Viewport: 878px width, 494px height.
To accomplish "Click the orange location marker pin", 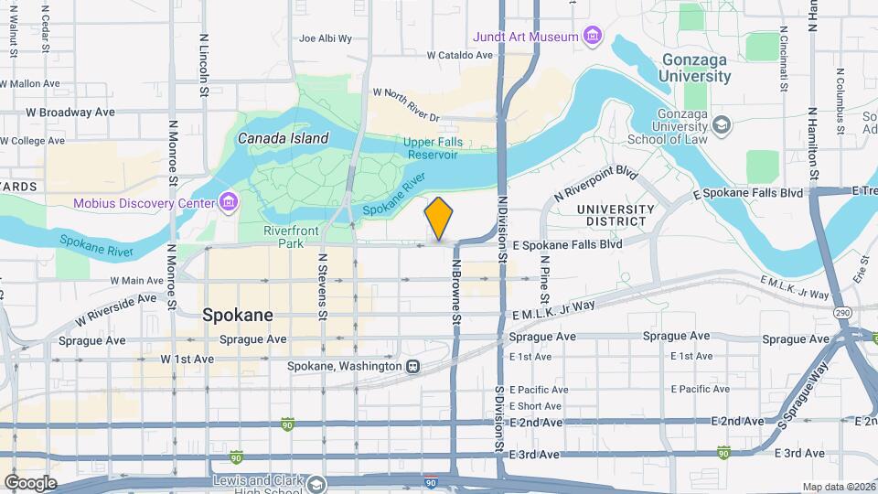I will point(439,219).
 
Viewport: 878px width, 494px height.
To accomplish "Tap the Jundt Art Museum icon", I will point(594,37).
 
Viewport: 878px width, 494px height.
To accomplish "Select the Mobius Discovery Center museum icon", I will point(229,201).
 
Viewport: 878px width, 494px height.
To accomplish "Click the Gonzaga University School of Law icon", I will point(722,123).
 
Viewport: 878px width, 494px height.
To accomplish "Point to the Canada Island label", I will point(283,138).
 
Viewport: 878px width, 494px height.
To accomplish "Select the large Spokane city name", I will point(237,315).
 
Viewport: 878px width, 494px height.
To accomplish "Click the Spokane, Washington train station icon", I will point(413,366).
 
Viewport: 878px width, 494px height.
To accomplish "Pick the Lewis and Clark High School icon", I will point(316,482).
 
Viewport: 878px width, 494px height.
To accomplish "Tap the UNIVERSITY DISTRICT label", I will point(616,216).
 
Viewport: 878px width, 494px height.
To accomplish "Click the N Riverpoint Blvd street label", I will point(595,184).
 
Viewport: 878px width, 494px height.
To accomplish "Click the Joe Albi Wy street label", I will point(326,39).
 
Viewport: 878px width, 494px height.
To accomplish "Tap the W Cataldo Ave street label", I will point(459,55).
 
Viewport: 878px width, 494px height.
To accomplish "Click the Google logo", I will point(30,483).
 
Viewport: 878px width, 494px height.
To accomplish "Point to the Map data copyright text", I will point(839,487).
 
